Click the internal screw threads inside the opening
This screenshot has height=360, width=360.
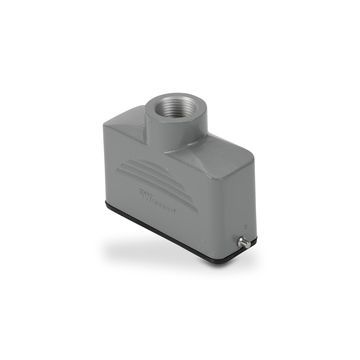[x=174, y=112]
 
